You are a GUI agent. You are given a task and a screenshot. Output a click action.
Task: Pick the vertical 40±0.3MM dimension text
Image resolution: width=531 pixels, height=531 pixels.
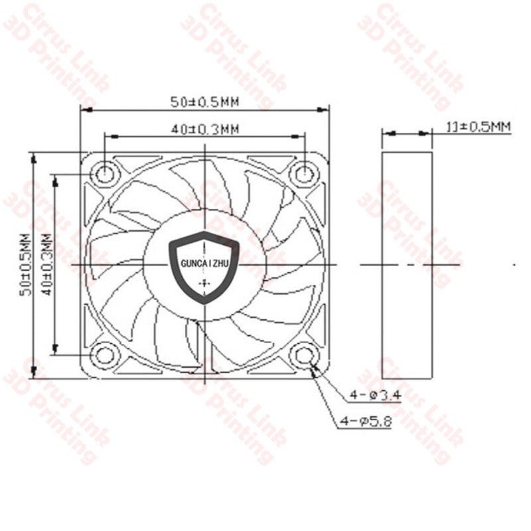coord(46,264)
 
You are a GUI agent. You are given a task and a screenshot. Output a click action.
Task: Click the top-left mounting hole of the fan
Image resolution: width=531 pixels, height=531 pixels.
coord(104,174)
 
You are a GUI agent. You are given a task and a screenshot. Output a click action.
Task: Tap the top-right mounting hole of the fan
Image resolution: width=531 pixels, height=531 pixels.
coord(305,174)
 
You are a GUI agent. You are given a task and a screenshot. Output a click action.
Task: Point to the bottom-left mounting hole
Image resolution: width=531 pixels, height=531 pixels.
coord(104,355)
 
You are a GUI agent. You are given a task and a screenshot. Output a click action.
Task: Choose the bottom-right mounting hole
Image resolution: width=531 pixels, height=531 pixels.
coord(305,356)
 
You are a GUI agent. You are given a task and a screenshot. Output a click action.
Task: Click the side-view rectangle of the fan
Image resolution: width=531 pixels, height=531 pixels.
coord(407,264)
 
